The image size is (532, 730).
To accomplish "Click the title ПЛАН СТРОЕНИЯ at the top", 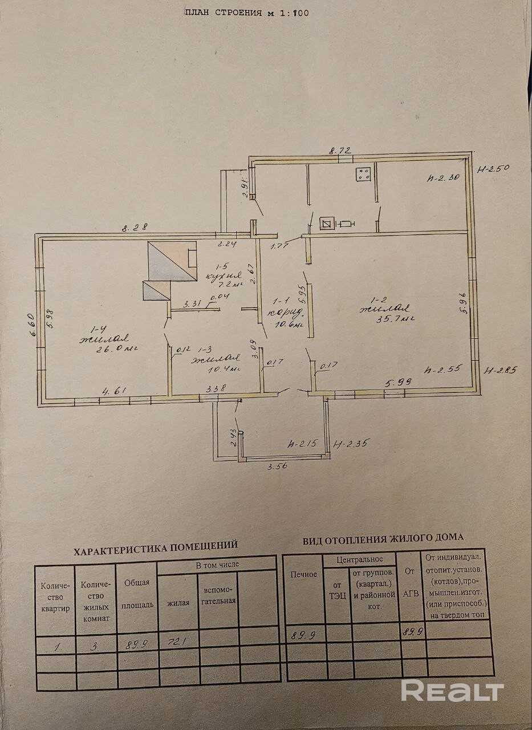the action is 225,13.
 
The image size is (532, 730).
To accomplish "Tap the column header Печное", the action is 303,574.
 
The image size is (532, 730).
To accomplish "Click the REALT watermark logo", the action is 452,691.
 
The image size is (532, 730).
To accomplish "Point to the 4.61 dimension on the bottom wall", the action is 113,391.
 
